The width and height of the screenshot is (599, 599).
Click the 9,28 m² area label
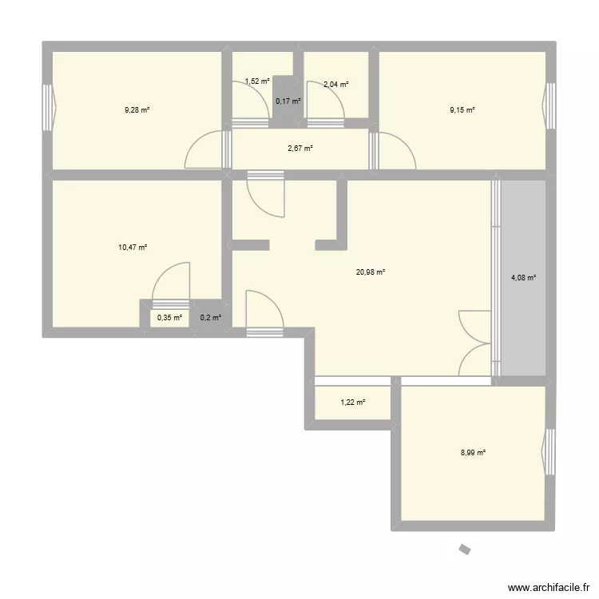[x=137, y=109]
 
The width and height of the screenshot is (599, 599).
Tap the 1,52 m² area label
[x=257, y=81]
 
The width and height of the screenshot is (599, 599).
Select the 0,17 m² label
[x=288, y=101]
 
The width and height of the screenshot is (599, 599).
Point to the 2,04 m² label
[x=335, y=84]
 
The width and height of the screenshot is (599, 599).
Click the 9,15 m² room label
[x=462, y=109]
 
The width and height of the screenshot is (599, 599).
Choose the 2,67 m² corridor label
[x=300, y=148]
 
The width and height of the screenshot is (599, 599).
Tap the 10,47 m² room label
[x=133, y=248]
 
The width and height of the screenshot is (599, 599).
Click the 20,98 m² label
[x=371, y=272]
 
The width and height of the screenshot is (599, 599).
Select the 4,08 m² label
[x=523, y=278]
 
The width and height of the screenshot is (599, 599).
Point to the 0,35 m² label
[x=169, y=318]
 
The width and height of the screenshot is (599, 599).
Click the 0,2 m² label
[x=211, y=318]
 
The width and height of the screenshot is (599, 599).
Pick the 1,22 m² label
[x=352, y=403]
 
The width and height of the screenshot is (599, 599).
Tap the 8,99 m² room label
[x=474, y=453]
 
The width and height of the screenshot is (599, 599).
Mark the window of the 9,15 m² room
[x=549, y=105]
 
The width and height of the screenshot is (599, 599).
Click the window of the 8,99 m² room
[x=549, y=451]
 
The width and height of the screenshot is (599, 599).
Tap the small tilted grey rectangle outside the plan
[x=464, y=548]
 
